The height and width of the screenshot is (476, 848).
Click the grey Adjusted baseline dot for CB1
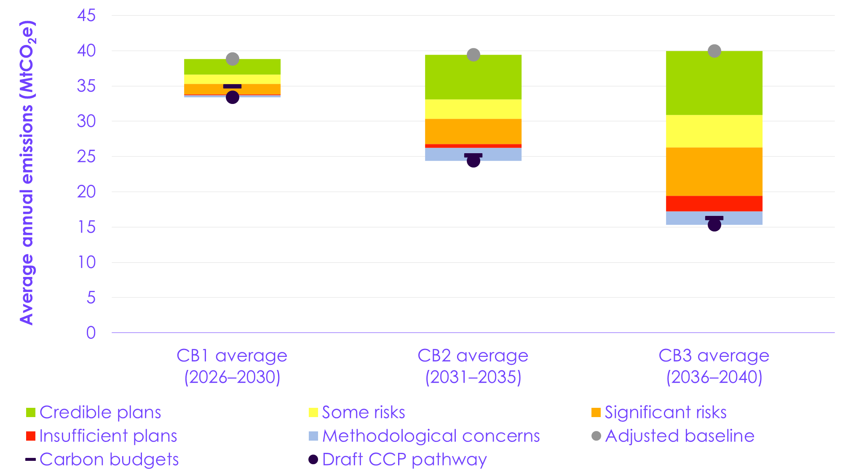(232, 59)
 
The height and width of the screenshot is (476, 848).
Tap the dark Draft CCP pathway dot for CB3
(714, 225)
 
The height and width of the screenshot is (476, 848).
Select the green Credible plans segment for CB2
(473, 77)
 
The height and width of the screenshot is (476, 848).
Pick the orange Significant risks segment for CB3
(714, 172)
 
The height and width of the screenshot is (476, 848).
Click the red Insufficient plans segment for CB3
(714, 204)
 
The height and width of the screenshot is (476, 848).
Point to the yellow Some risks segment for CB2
(473, 109)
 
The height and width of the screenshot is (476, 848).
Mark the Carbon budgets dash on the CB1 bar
(232, 86)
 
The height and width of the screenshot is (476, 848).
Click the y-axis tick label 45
(86, 16)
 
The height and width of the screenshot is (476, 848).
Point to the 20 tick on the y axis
(86, 192)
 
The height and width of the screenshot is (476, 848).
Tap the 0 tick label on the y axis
(91, 333)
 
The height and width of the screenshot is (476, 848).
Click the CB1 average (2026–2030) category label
(232, 366)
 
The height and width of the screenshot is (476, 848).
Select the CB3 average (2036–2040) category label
(714, 366)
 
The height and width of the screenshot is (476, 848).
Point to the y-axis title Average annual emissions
(27, 173)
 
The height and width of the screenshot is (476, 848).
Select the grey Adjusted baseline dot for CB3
(714, 51)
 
